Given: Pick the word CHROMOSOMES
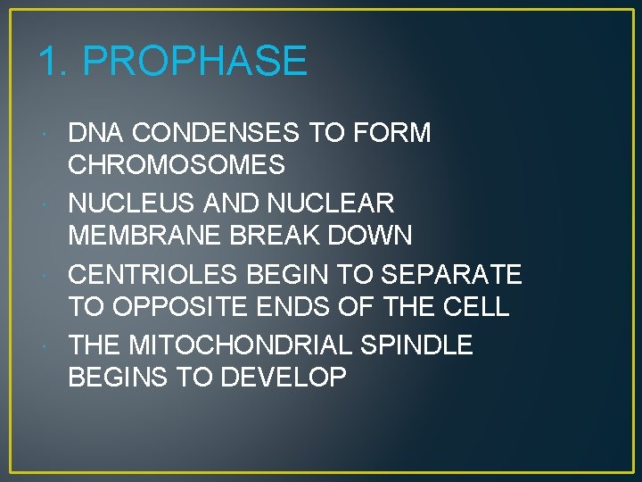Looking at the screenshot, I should coord(177,166).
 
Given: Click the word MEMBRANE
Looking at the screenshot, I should coord(147,237).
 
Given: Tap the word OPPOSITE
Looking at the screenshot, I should coord(170,307).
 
